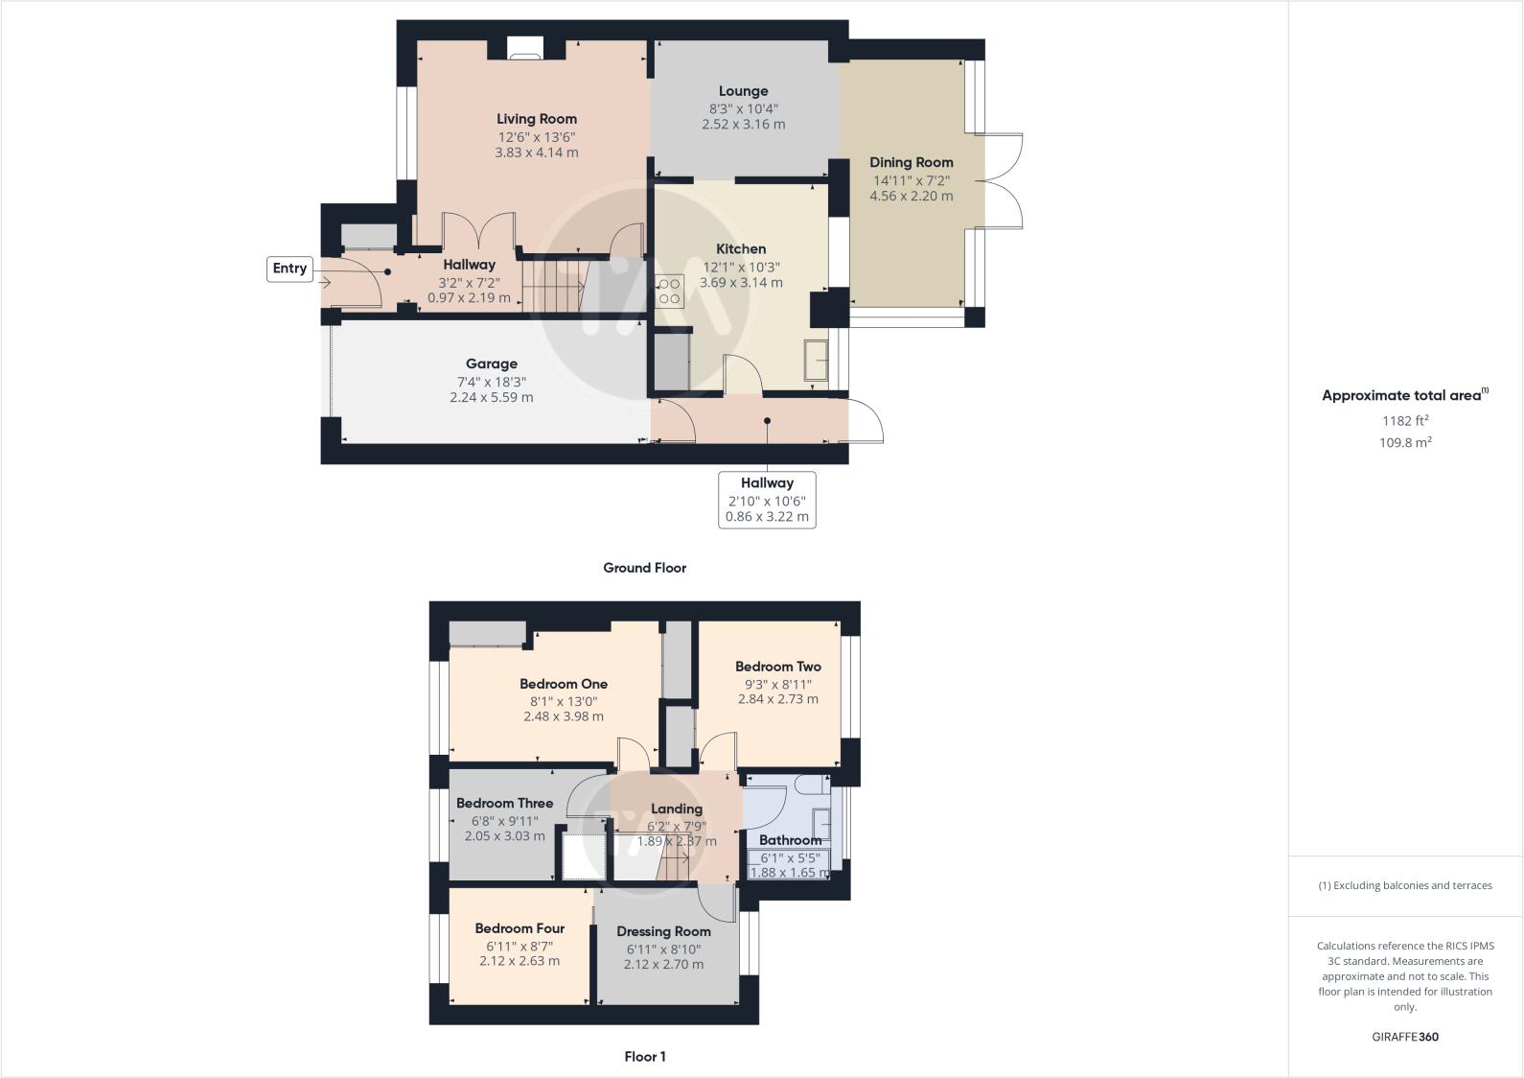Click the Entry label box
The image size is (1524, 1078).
point(289,269)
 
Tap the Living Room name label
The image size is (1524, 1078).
point(536,119)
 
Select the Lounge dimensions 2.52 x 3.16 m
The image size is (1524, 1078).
point(743,125)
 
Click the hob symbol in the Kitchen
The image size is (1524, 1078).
point(669,291)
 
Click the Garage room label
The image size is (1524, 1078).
point(491,363)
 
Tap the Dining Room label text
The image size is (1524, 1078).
point(911,162)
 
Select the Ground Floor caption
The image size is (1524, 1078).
point(644,568)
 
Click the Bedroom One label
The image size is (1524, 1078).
point(563,684)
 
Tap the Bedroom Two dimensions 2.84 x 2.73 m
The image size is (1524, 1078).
point(777,699)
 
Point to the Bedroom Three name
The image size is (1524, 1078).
point(504,803)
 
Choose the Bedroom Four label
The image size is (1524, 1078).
point(520,928)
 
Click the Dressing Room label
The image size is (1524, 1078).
point(663,931)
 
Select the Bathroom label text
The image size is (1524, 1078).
point(790,840)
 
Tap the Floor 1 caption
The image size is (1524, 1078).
point(644,1057)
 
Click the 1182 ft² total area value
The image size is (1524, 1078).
point(1404,420)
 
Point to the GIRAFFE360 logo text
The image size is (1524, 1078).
point(1404,1037)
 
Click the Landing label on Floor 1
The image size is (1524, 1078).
point(676,808)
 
